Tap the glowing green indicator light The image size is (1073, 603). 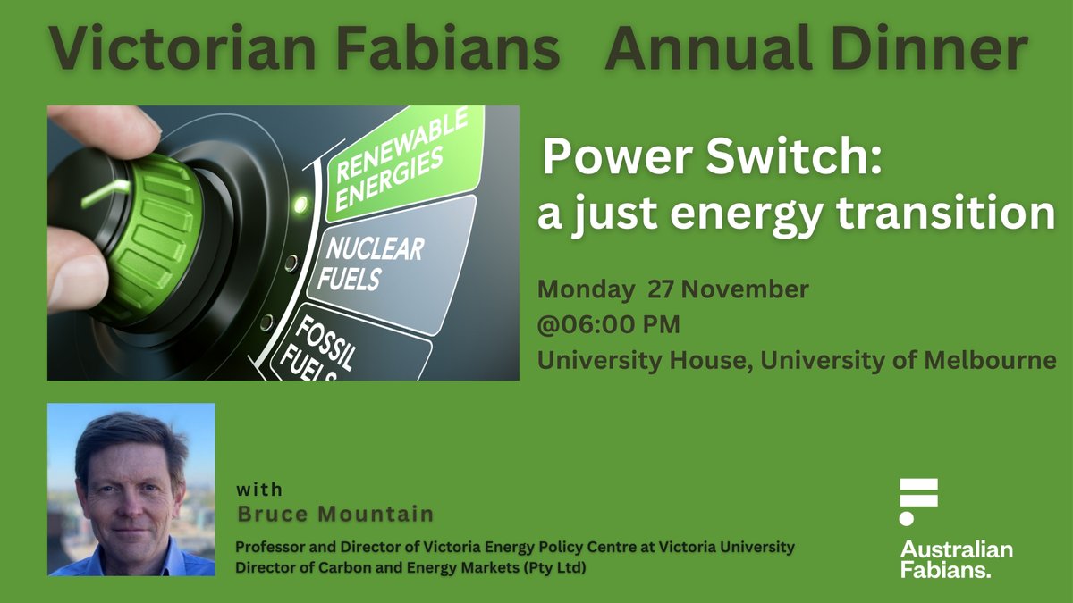(301, 203)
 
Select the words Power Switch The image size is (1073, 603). (713, 161)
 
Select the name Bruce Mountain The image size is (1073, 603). (335, 514)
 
